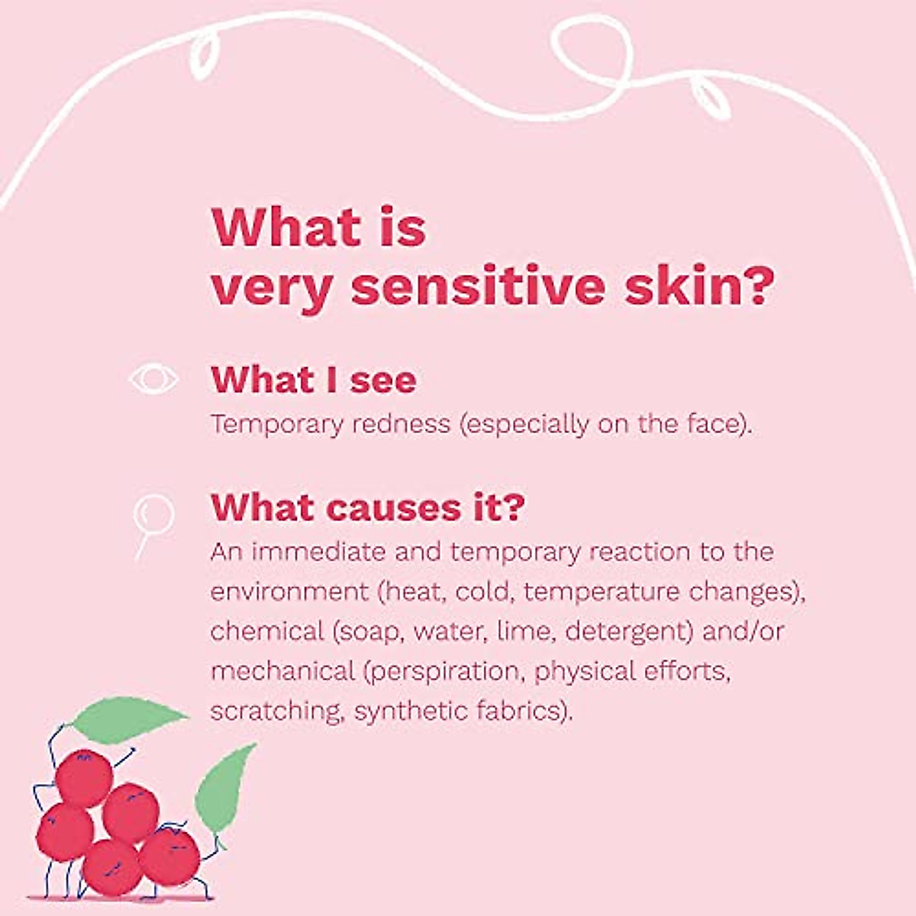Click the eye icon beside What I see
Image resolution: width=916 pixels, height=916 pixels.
(154, 379)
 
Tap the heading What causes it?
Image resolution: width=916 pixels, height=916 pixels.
(368, 507)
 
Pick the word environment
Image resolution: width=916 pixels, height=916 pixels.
(289, 592)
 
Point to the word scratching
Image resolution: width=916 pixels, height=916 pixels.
(278, 712)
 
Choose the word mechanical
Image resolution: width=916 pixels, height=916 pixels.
(283, 671)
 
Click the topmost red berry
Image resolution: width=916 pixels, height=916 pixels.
(84, 779)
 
